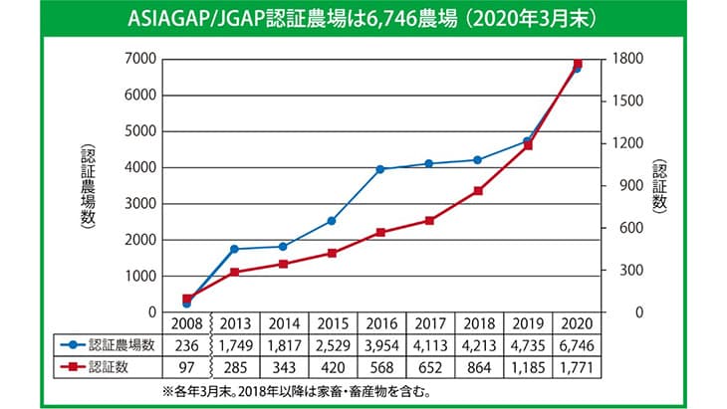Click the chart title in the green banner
363,19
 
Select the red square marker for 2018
479,191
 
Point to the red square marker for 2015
333,253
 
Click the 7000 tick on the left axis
138,59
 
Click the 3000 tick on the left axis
138,204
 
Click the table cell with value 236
187,345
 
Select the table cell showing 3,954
381,345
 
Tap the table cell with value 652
430,368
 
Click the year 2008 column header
187,323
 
